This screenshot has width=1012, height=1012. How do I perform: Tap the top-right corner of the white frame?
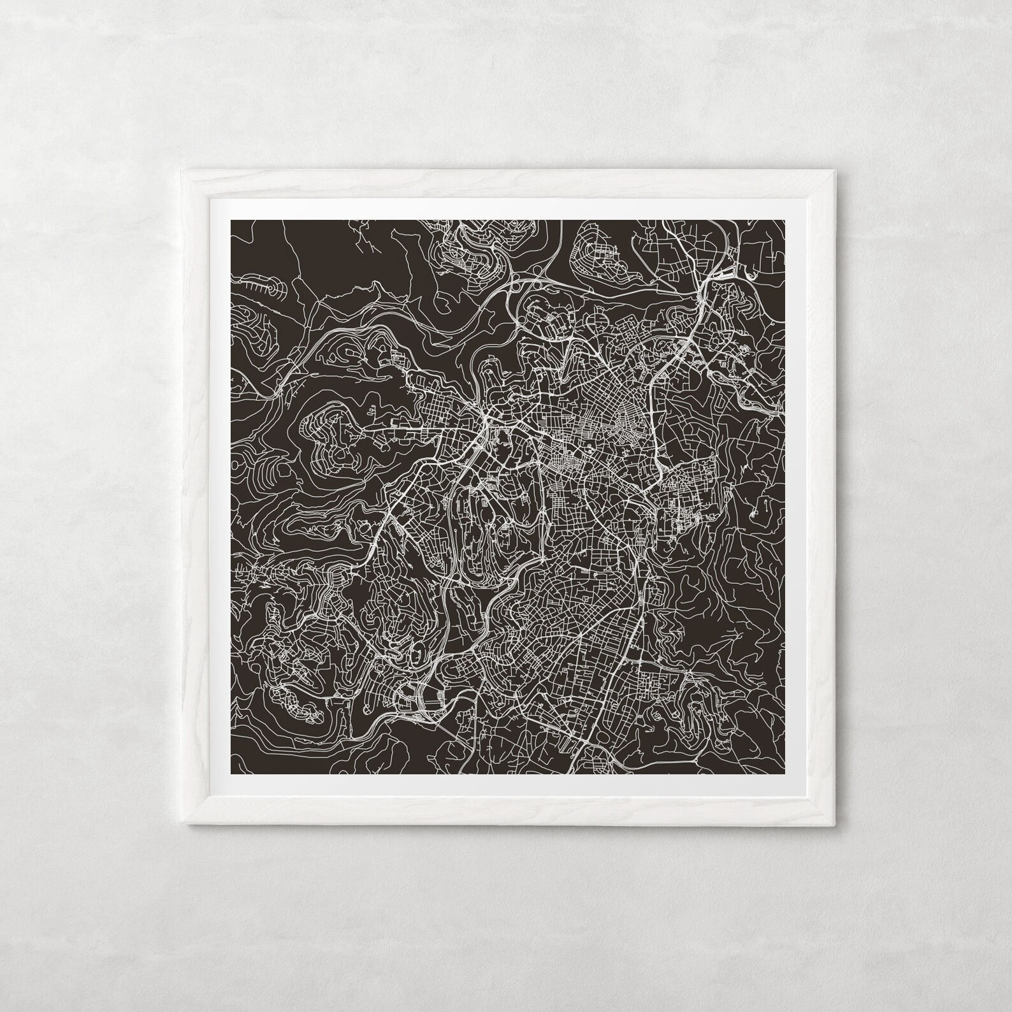pos(832,170)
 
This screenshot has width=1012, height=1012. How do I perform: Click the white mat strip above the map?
pos(507,210)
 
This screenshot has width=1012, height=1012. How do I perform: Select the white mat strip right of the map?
pos(793,497)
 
